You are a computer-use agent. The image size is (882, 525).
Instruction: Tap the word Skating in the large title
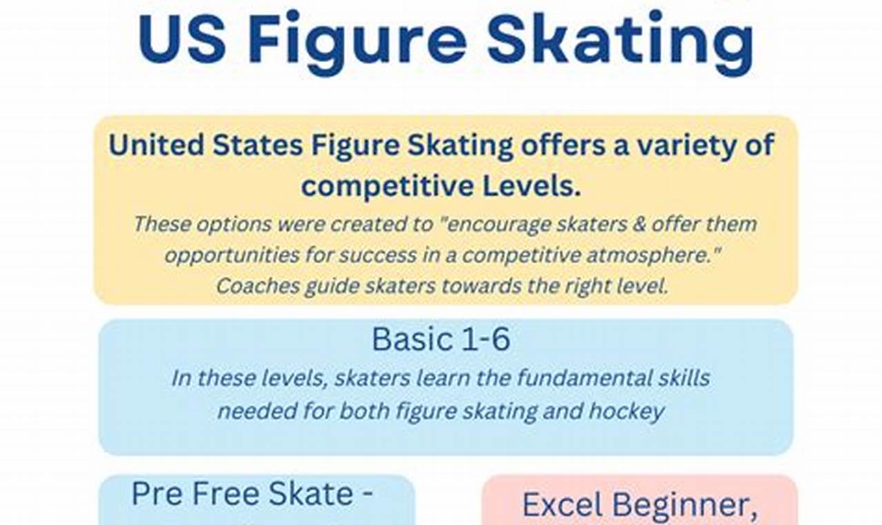pyautogui.click(x=620, y=39)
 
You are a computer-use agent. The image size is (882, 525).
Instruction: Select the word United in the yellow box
pyautogui.click(x=156, y=146)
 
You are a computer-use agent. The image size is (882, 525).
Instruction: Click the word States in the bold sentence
pyautogui.click(x=257, y=146)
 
